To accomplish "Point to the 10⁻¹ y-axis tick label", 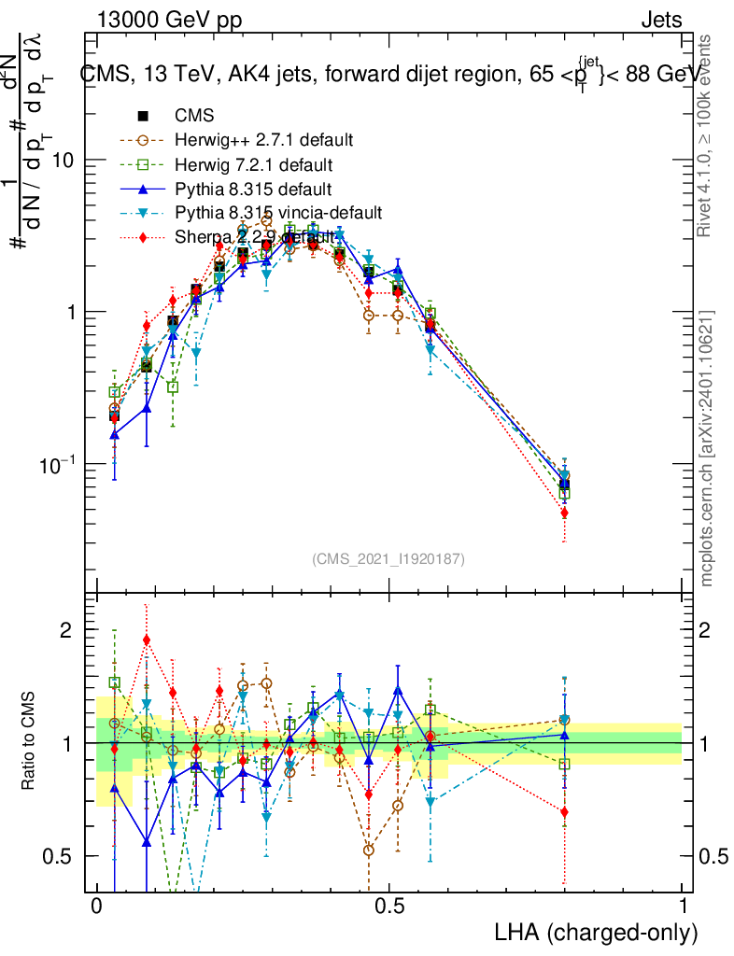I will [58, 463].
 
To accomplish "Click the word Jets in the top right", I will [661, 21].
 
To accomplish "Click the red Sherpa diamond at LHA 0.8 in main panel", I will [564, 513].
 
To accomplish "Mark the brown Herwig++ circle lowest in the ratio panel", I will [369, 850].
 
